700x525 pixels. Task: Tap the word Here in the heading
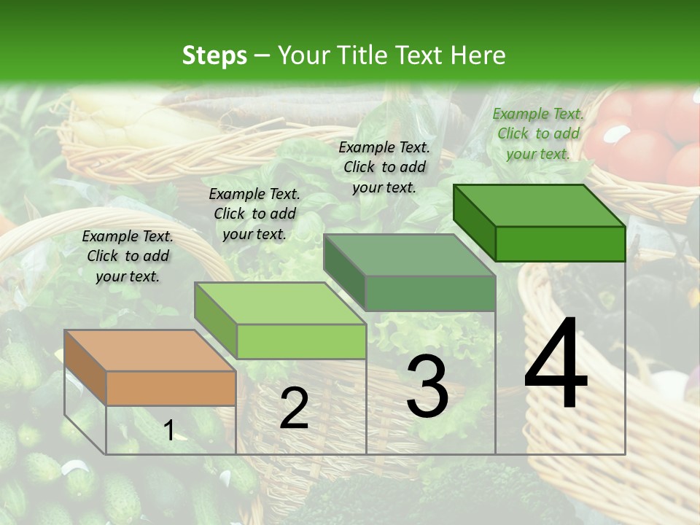click(x=478, y=55)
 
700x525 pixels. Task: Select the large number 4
click(x=556, y=364)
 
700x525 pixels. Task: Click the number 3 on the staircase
click(x=427, y=386)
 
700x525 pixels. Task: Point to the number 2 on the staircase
click(x=294, y=409)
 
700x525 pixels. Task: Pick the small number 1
click(x=168, y=431)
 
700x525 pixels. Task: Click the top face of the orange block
click(x=150, y=351)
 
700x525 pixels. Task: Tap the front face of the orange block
click(x=171, y=388)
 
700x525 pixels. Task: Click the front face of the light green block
click(x=301, y=341)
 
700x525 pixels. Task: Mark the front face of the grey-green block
click(x=430, y=294)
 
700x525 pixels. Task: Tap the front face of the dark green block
click(x=560, y=244)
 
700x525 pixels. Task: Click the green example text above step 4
click(x=538, y=133)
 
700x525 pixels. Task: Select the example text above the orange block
click(x=128, y=256)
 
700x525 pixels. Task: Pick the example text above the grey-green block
click(x=384, y=167)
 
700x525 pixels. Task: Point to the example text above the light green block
click(x=254, y=214)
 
